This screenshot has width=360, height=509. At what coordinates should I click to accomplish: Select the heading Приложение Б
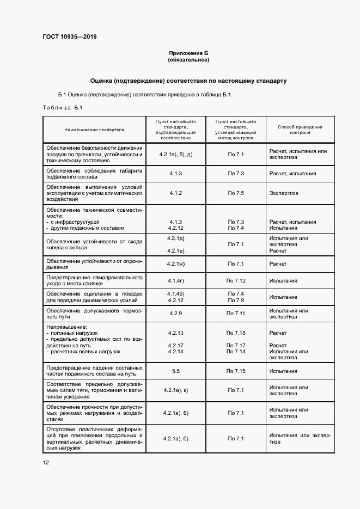coord(188,53)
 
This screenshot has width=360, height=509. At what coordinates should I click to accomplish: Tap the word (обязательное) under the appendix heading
coord(188,59)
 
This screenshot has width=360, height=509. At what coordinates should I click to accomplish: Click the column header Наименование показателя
coord(94,130)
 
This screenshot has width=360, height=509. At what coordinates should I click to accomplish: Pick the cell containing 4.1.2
coord(175,193)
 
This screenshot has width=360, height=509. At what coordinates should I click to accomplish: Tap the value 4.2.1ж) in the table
coord(175,263)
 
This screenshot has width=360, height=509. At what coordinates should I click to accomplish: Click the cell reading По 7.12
coord(236,280)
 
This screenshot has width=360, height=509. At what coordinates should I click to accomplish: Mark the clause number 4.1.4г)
coord(175,280)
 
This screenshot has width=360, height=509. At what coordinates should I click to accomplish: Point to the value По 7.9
coord(236,300)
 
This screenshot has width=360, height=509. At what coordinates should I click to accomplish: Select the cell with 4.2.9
coord(175,314)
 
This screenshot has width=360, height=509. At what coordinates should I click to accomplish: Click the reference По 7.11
coord(236,314)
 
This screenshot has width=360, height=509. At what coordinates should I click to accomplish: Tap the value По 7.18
coord(236,332)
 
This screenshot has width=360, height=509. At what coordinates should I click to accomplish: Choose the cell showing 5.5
coord(175,371)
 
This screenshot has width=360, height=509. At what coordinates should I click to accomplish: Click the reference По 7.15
coord(236,371)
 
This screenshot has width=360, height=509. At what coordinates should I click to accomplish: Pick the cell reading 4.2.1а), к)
coord(175,390)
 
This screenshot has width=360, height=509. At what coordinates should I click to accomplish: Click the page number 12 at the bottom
coord(46,462)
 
